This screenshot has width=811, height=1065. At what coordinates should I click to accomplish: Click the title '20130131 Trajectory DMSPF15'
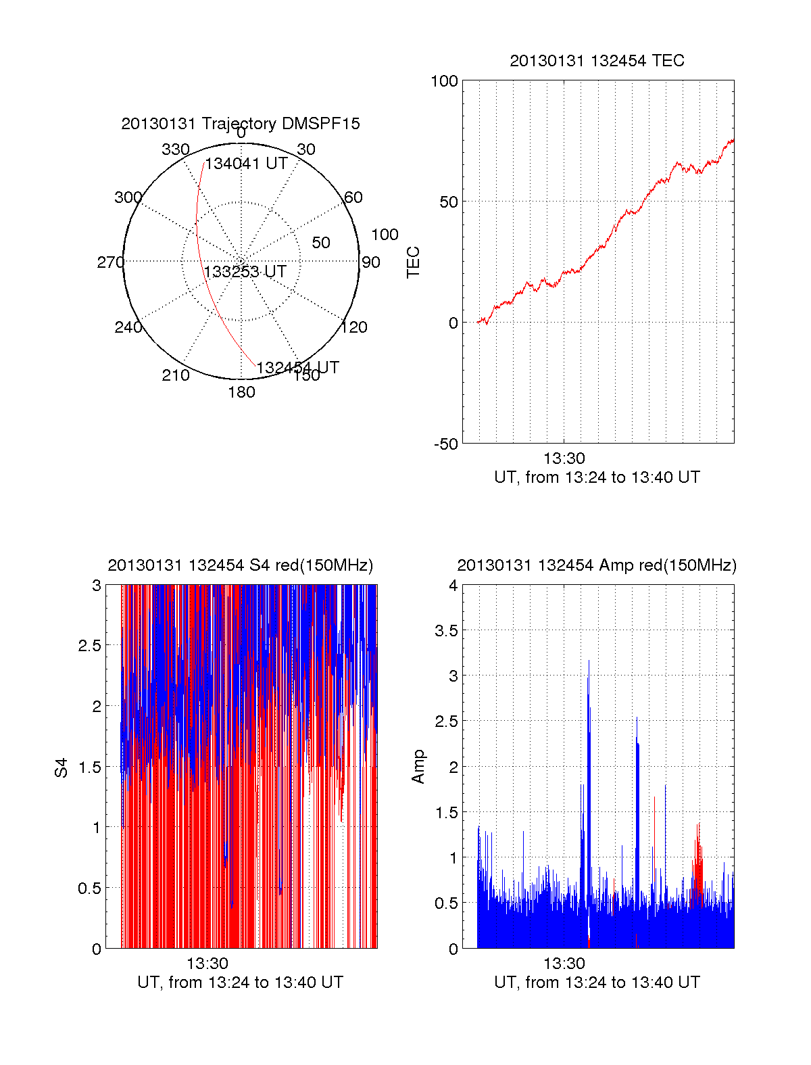point(241,124)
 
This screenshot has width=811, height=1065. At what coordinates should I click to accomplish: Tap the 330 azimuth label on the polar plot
point(175,149)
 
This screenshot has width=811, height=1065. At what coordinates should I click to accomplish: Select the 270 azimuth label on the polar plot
point(110,262)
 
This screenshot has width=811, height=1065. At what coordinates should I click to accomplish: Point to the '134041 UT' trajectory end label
point(247,164)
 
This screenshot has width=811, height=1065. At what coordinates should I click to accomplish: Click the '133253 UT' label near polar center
point(245,272)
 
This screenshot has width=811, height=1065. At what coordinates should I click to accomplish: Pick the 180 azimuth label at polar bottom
point(241,392)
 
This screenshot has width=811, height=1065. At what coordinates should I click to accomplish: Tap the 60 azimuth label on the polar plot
point(353,197)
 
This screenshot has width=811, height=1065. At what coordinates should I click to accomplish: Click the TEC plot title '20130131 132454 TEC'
point(597,61)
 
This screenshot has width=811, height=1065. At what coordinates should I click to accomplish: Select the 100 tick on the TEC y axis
point(444,81)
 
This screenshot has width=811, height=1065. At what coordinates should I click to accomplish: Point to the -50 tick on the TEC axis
point(445,444)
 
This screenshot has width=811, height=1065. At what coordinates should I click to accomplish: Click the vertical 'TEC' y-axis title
point(414,262)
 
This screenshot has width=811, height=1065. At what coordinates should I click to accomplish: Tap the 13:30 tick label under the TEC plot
point(564,458)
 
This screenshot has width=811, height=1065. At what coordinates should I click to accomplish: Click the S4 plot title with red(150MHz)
point(240,565)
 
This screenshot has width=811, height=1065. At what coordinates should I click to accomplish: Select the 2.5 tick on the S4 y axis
point(90,646)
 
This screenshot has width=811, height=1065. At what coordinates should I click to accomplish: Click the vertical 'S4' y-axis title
point(62,767)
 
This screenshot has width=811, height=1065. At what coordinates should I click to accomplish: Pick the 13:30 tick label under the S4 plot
point(207,964)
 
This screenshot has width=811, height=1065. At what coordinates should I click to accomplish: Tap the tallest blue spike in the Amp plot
point(589,663)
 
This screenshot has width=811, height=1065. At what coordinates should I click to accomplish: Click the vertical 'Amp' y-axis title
point(418,766)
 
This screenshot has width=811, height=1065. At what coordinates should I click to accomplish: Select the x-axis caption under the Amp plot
point(597,983)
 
